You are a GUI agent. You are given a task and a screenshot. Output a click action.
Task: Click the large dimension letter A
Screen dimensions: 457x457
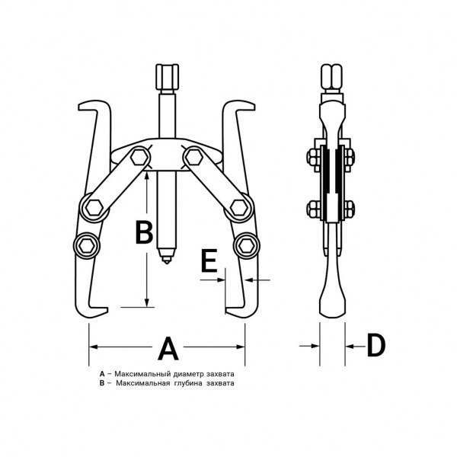coord(168,348)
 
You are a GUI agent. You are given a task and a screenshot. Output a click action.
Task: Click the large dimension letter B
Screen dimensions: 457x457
coord(144,232)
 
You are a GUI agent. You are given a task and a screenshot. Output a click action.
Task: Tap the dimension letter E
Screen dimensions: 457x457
coord(209,260)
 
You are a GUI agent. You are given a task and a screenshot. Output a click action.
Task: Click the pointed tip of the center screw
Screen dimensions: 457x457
coord(166,264)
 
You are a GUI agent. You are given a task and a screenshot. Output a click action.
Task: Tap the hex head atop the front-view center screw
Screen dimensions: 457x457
coord(167,77)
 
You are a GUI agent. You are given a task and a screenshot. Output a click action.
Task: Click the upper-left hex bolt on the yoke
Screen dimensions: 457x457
coord(139,158)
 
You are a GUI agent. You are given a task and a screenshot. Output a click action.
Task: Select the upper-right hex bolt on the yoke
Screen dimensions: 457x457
coord(193,158)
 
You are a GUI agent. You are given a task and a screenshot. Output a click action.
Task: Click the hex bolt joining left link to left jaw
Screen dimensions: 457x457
coord(94,208)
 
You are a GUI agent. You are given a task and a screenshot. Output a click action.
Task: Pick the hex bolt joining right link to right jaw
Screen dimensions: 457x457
coord(239,208)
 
